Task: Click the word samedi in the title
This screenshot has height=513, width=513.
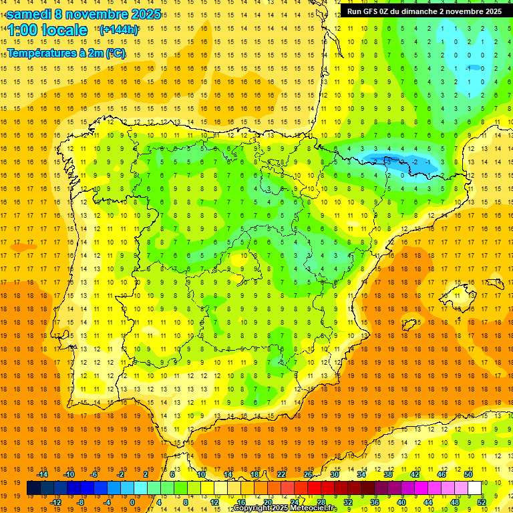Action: click(x=29, y=14)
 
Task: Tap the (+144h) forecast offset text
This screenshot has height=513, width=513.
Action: click(x=119, y=30)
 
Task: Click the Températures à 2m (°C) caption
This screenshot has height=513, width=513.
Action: click(x=66, y=53)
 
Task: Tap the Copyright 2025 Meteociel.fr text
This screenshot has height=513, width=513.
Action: click(x=285, y=508)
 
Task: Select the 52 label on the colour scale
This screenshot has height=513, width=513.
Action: click(x=482, y=502)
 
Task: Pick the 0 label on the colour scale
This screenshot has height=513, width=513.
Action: click(x=132, y=502)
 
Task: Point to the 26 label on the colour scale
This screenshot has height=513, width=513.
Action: click(x=308, y=474)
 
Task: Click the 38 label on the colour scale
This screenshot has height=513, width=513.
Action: click(x=388, y=474)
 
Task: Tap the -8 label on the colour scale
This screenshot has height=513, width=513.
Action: click(x=81, y=502)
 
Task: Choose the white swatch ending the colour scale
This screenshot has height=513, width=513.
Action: click(x=474, y=488)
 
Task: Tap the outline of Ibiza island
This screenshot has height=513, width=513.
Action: click(x=413, y=323)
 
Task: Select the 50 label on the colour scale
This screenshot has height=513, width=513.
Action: click(x=468, y=474)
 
